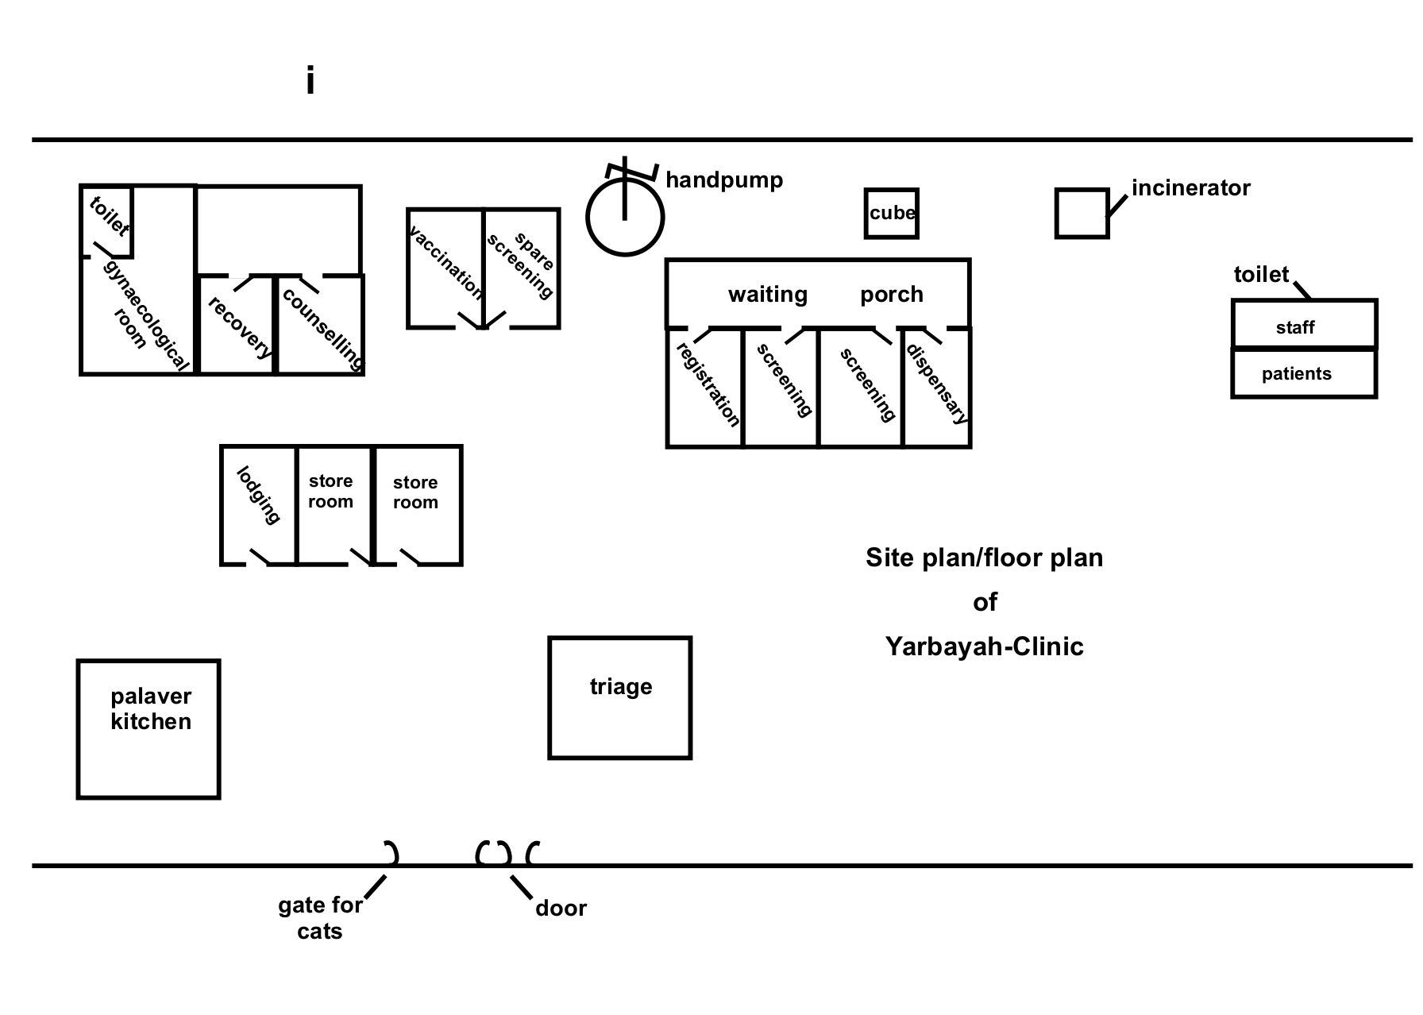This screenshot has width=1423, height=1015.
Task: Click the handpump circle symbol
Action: tap(625, 218)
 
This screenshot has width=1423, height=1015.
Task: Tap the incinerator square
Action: tap(1082, 213)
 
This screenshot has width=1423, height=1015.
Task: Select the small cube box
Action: tap(892, 213)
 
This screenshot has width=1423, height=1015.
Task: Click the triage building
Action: tap(620, 697)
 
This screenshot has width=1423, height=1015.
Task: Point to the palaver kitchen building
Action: tap(148, 728)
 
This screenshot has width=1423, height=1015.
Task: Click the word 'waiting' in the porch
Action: tap(767, 295)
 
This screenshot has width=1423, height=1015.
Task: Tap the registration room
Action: tap(705, 388)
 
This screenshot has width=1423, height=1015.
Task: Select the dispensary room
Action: tap(937, 388)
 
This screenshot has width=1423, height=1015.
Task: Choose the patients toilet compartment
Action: tap(1304, 373)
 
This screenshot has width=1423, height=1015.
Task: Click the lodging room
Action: tap(259, 505)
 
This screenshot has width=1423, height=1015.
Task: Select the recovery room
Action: tap(237, 326)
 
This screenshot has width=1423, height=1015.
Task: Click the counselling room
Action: tap(321, 326)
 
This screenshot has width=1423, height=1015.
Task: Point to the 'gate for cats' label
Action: tap(320, 917)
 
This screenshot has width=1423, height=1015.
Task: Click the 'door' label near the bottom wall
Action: tap(561, 909)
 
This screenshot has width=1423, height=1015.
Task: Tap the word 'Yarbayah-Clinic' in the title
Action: tap(984, 646)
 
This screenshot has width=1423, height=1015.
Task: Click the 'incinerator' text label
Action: tap(1190, 188)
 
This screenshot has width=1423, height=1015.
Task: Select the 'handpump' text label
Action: tap(724, 180)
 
